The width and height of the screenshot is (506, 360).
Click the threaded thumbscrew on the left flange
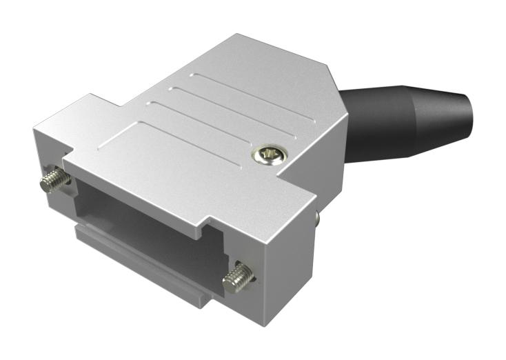click(x=55, y=181)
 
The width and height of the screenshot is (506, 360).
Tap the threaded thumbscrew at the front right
click(x=237, y=277)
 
